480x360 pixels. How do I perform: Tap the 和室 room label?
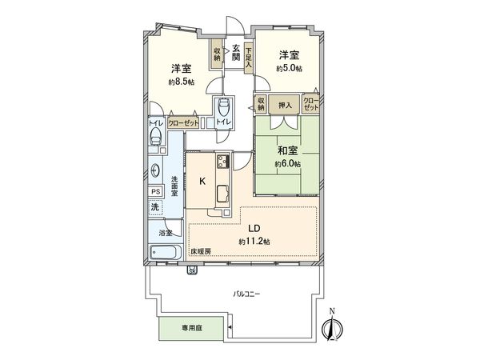288,149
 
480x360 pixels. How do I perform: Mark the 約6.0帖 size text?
287,163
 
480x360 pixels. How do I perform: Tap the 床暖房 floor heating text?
201,252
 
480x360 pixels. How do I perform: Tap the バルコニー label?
246,294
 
